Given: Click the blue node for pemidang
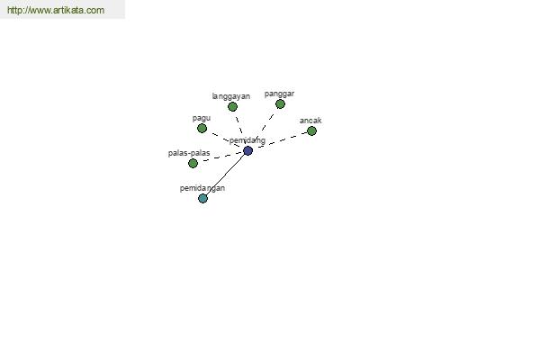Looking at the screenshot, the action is pos(248,150).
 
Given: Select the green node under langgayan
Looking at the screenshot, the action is pos(232,107).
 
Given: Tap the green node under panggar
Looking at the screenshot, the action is pos(280,104).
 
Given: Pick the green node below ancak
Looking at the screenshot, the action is pos(311,130).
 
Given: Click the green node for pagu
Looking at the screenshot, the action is pos(202,129).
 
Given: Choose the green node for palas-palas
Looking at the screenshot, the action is pos(193,163).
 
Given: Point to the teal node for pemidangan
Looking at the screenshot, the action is pos(202,198).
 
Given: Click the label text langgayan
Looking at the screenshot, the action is pos(231,96).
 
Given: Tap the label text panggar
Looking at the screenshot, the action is pos(279,94).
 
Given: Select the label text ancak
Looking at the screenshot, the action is pos(310,121).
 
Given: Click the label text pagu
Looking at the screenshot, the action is pos(202,119).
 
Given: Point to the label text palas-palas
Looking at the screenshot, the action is pos(189,153).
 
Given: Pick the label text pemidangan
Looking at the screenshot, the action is pos(202,188).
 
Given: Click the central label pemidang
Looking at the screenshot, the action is pos(247,140).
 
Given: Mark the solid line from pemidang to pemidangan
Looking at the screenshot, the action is pos(226,175).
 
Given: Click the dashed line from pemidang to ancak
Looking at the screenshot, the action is pos(280,140).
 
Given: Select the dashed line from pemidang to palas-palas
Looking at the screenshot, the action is pos(220,157).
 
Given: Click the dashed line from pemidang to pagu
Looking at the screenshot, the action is pos(225,139).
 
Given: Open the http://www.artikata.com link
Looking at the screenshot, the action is pos(56,10).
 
